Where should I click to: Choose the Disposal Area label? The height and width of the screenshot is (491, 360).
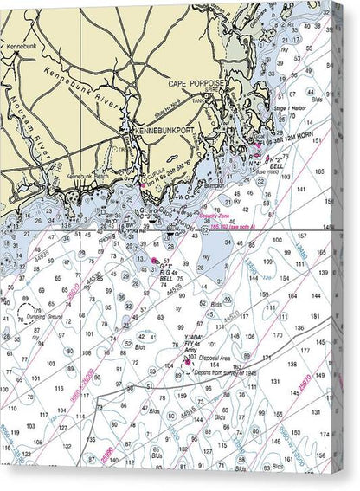pos(217,358)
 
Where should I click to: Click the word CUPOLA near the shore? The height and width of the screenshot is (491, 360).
pos(153,157)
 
